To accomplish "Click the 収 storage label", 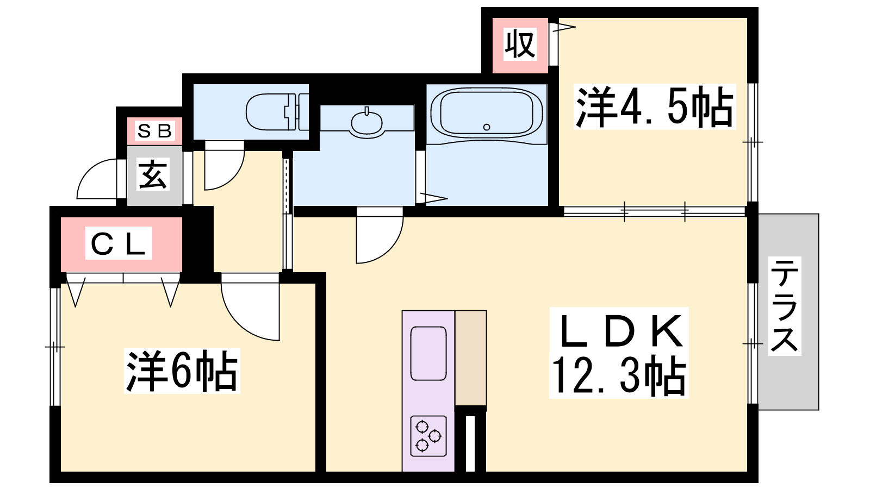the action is pyautogui.click(x=520, y=44).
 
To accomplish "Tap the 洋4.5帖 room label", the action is pyautogui.click(x=655, y=106).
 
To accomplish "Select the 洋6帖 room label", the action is pyautogui.click(x=182, y=371).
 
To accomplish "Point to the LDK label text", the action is pyautogui.click(x=619, y=331).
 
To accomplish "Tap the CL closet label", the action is pyautogui.click(x=119, y=243).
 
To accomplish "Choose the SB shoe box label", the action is pyautogui.click(x=154, y=131).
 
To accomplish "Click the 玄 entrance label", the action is pyautogui.click(x=153, y=174).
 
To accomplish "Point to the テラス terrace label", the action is pyautogui.click(x=785, y=306).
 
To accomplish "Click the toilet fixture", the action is pyautogui.click(x=277, y=112).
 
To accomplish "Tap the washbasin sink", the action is pyautogui.click(x=366, y=122).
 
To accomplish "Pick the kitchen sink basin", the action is pyautogui.click(x=428, y=354).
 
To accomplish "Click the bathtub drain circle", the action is pyautogui.click(x=487, y=127).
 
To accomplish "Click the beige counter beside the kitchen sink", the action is pyautogui.click(x=471, y=358).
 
